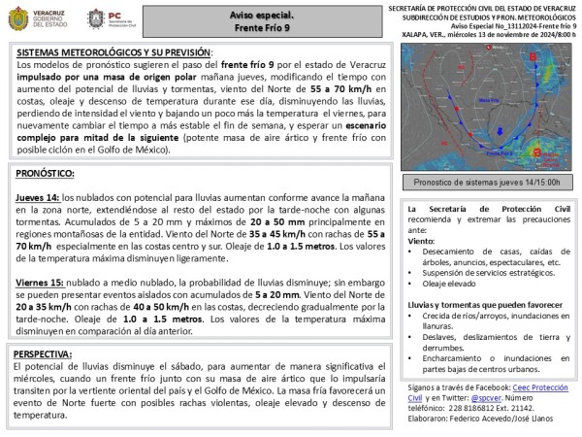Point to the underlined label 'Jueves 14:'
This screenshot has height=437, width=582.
pyautogui.click(x=37, y=195)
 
